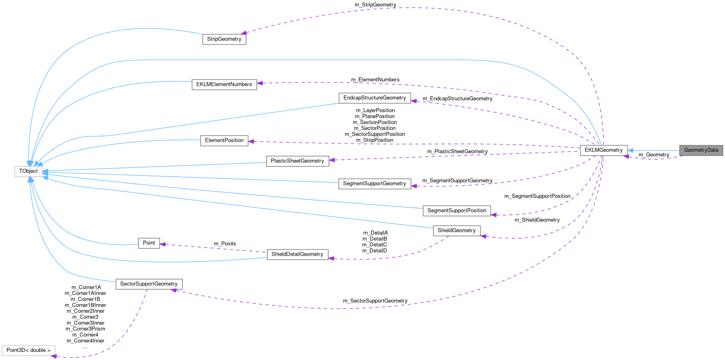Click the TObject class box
[28, 171]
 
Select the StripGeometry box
[224, 39]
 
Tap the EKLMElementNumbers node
[224, 84]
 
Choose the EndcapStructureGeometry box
[374, 98]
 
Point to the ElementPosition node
[224, 140]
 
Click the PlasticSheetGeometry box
[297, 161]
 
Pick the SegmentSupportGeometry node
[374, 184]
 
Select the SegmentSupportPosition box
[457, 211]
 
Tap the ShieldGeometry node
[456, 231]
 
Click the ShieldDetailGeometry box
[297, 254]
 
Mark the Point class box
[149, 243]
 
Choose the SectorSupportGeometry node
[149, 284]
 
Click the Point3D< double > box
[28, 350]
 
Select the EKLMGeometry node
[603, 150]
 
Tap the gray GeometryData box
[701, 150]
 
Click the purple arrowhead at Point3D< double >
[54, 356]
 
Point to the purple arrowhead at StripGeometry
[244, 33]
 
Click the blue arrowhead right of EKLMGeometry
[630, 150]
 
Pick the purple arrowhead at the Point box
[163, 244]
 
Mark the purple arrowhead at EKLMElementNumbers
[260, 83]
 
